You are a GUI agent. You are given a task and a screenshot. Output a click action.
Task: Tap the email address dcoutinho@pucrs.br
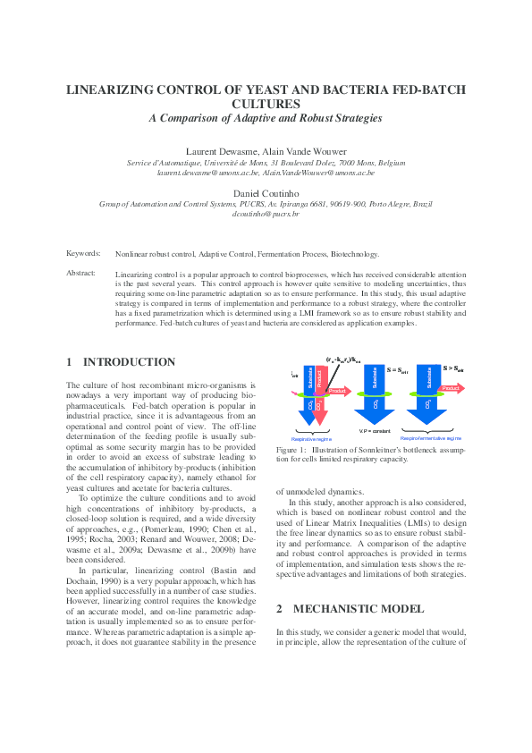(266, 216)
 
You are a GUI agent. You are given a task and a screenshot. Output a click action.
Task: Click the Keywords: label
(84, 254)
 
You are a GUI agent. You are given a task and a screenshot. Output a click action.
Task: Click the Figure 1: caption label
(292, 451)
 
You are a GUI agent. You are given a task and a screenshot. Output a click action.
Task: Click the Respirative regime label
(310, 439)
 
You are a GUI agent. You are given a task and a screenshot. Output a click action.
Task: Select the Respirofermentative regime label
(431, 439)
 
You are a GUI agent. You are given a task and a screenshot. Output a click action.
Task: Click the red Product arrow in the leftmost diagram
(337, 390)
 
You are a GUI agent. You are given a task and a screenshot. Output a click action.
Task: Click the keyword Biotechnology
(355, 254)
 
